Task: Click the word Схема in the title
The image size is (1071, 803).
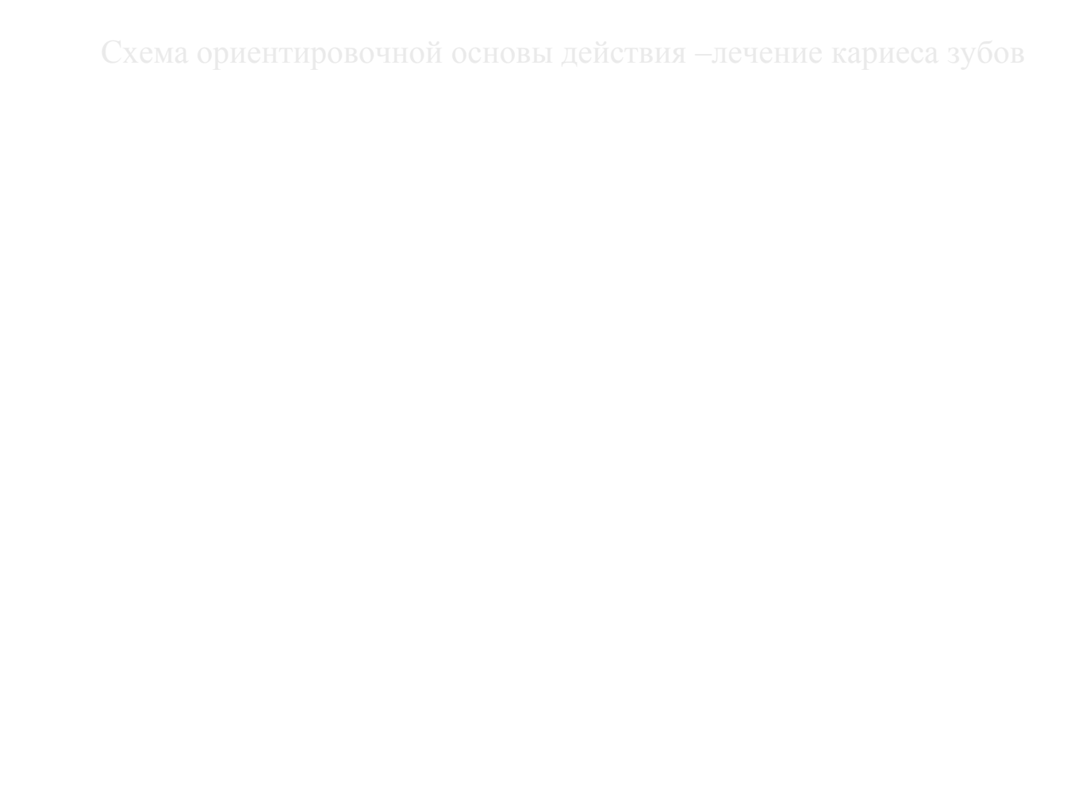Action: tap(144, 52)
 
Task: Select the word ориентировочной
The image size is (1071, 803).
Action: tap(320, 54)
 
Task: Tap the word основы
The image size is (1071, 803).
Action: tap(501, 55)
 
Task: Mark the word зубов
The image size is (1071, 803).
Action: tap(985, 54)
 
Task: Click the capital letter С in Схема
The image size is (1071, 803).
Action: tap(111, 52)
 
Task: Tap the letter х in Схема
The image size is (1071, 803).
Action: tap(130, 55)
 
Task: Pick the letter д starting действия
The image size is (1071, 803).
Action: tap(571, 56)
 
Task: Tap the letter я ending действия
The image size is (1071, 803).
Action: tap(678, 55)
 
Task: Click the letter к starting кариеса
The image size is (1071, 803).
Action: tap(840, 55)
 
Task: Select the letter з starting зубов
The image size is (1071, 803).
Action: tap(954, 55)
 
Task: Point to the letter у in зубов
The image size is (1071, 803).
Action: tap(971, 57)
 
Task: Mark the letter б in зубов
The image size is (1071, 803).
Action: tap(990, 52)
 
